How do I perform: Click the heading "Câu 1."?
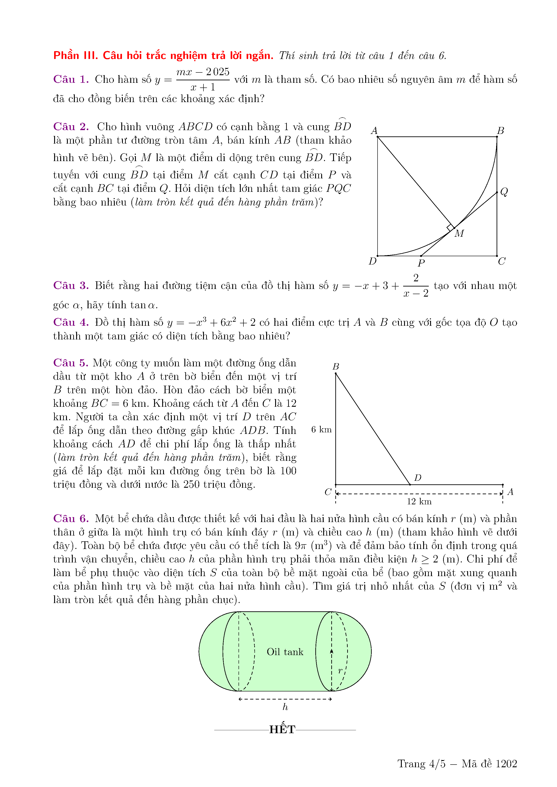(71, 79)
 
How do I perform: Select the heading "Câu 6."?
(71, 519)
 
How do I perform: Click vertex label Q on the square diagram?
(504, 191)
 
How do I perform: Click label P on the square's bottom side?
(421, 263)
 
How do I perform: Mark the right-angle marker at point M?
(450, 228)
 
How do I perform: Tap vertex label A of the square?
(374, 131)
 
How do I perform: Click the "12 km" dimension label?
(419, 501)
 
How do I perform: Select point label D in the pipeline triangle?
(418, 477)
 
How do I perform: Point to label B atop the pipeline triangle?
(336, 366)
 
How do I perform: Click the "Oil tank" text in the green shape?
(285, 652)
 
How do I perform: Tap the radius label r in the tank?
(340, 671)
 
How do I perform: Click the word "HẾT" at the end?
(282, 729)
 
